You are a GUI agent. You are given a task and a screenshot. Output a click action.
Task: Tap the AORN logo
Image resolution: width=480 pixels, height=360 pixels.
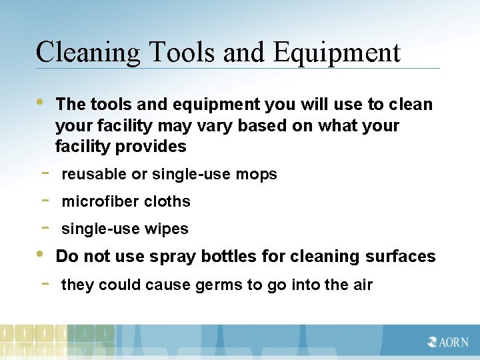point(449,342)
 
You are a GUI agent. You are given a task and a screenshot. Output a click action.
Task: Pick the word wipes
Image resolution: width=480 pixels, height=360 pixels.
point(170,229)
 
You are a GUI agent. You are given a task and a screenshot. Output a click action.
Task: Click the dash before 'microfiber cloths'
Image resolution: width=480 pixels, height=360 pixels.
point(43,200)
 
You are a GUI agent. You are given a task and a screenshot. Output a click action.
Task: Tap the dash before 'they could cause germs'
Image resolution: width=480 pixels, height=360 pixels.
point(43,284)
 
